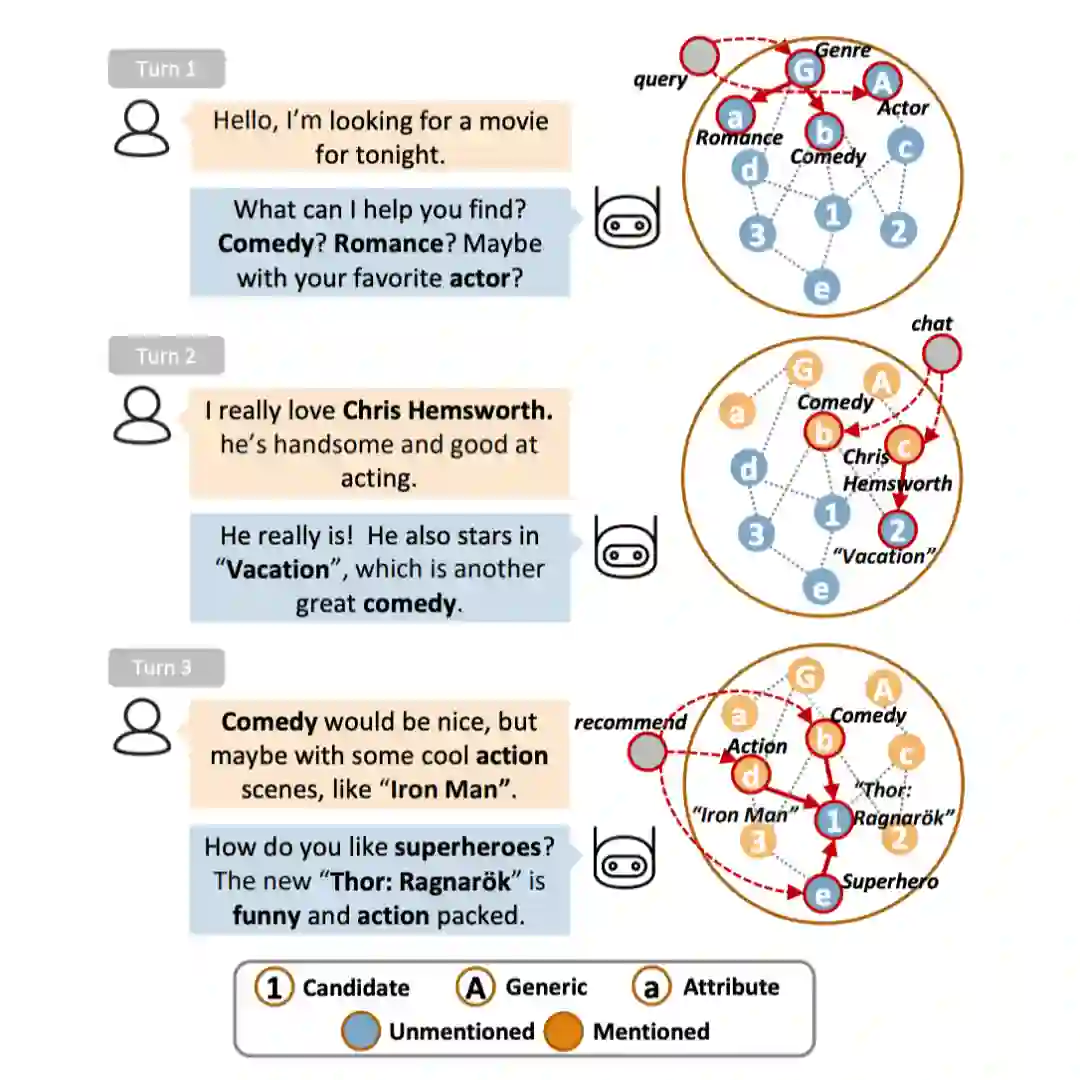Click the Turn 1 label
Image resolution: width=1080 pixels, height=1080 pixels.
click(166, 69)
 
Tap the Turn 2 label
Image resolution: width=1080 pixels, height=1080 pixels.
click(166, 356)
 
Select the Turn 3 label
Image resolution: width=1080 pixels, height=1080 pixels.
click(166, 667)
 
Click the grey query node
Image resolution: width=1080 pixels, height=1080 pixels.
click(700, 56)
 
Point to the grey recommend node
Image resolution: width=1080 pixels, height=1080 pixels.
click(648, 752)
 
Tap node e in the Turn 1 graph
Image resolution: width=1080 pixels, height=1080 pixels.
click(822, 288)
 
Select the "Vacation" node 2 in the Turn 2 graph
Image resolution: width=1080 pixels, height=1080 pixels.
click(897, 529)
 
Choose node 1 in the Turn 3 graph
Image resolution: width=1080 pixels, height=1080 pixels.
click(832, 820)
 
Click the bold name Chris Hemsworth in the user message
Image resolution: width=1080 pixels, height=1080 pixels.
click(447, 410)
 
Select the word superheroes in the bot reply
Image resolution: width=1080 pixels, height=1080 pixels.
click(467, 847)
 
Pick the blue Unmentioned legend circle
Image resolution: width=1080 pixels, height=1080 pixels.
click(359, 1032)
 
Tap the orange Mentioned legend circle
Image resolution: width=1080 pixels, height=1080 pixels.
click(564, 1032)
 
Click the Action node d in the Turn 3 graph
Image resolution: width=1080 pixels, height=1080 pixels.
click(751, 775)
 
